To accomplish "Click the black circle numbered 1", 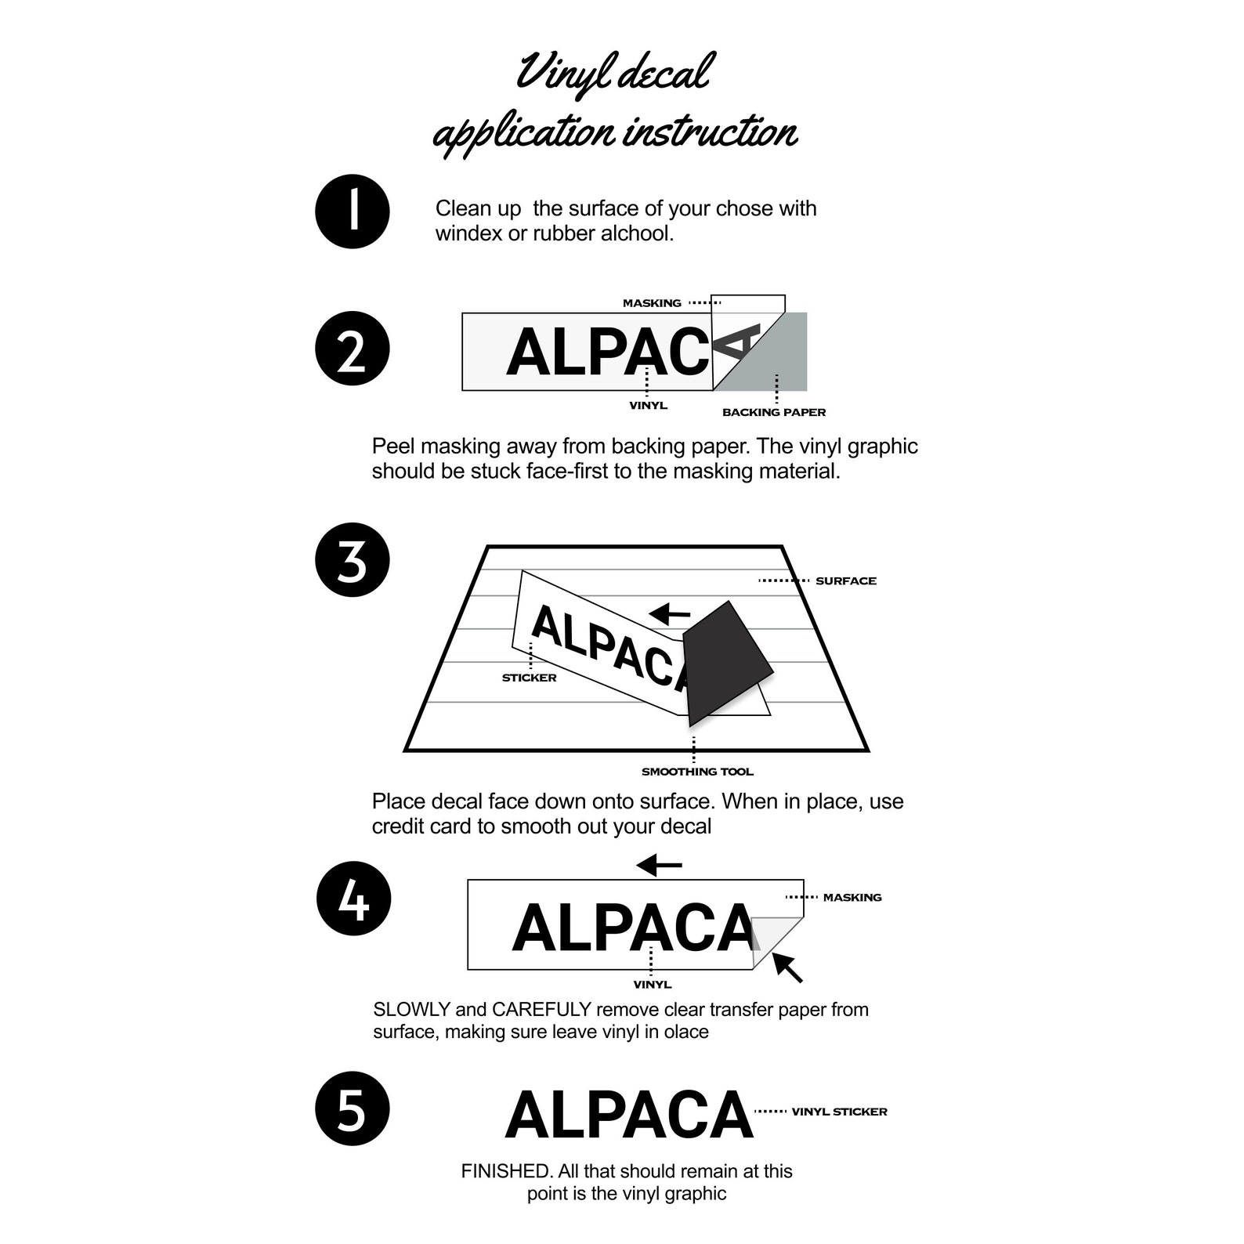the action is coord(353,212).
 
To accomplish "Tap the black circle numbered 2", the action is coord(353,349).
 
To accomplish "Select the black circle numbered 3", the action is coord(353,560).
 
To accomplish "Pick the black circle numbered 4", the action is coord(353,899).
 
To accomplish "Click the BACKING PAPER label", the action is coord(774,412).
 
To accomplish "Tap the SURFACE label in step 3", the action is coord(846,580).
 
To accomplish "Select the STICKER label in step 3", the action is coord(530,678).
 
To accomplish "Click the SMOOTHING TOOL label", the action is coord(697,772).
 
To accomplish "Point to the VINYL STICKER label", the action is coord(839,1112).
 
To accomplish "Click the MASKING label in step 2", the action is coord(652,303).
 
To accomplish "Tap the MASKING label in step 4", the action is coord(852,898).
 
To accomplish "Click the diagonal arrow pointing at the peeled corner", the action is coord(787,967).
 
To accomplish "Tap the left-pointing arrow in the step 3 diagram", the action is coord(671,613).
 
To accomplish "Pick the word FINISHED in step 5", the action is coord(507,1171).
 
